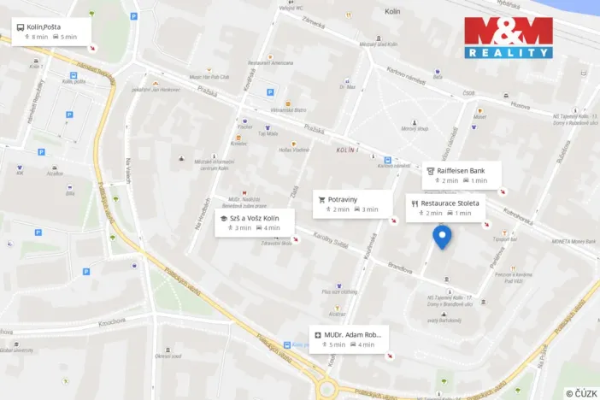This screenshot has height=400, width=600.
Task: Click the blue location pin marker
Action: pyautogui.click(x=442, y=236)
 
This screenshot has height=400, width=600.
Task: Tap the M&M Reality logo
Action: pyautogui.click(x=509, y=38)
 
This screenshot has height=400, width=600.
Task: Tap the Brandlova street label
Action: pyautogui.click(x=400, y=267)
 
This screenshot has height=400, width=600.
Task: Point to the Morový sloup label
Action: pyautogui.click(x=415, y=129)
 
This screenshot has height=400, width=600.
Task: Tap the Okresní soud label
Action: pyautogui.click(x=167, y=356)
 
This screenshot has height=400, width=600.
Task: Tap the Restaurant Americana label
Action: pyautogui.click(x=270, y=63)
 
